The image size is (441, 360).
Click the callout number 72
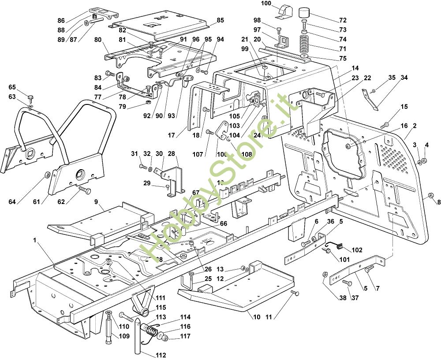click(x=343, y=20)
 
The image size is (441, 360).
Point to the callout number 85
click(x=220, y=20)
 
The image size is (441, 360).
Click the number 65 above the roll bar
click(x=12, y=87)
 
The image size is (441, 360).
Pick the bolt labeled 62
click(x=85, y=190)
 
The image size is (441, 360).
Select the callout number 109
click(x=124, y=336)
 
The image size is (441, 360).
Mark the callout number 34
click(x=404, y=78)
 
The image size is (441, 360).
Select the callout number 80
click(x=97, y=39)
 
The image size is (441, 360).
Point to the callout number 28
click(x=171, y=153)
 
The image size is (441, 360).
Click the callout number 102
click(x=357, y=250)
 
